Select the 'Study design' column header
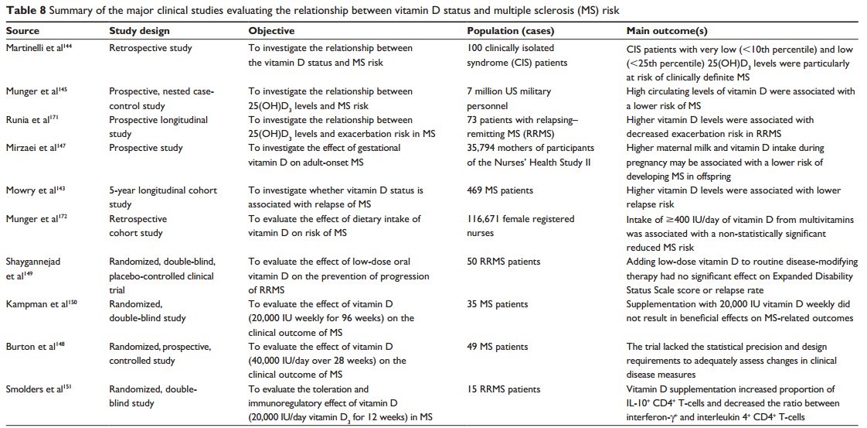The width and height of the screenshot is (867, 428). coord(139,31)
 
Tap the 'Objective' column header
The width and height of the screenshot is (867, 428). coord(271,31)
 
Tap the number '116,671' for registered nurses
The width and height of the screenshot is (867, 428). coord(487,219)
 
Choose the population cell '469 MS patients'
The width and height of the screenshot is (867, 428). coord(501,190)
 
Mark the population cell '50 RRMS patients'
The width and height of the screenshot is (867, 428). coord(504,262)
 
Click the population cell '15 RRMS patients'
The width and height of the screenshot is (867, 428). coord(504,389)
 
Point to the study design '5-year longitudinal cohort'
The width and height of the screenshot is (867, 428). coord(163,190)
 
